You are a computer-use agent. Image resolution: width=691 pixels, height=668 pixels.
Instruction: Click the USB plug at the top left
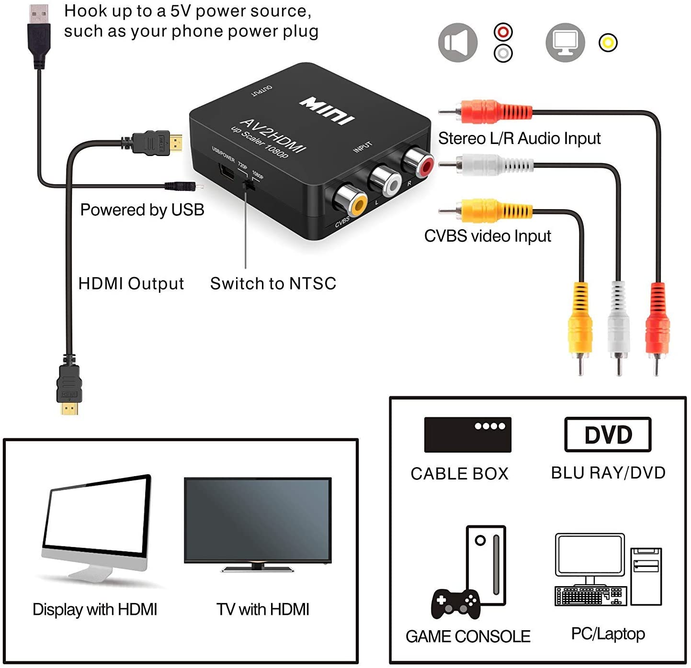point(39,36)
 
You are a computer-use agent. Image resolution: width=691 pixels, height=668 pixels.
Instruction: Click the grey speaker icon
point(457,43)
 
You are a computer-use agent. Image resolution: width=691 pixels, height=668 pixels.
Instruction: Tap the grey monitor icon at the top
point(565,43)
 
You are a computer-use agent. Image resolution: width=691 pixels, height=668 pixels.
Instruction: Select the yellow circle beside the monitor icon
point(608,43)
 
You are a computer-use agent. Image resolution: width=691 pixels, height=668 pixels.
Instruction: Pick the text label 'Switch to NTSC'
point(273,283)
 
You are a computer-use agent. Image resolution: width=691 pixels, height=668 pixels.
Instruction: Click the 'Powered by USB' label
point(142,210)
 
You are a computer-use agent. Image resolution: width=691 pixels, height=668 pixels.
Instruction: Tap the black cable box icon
point(467,434)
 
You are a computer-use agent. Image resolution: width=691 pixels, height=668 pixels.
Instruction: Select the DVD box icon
point(608,434)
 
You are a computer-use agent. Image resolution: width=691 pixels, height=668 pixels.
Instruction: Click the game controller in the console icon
point(455,603)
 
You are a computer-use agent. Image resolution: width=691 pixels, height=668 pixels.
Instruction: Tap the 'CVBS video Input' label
point(487,236)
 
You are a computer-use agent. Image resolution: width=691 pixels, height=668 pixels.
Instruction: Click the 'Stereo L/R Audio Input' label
point(519,138)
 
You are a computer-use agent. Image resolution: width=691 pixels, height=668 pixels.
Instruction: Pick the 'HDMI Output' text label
point(131,283)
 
